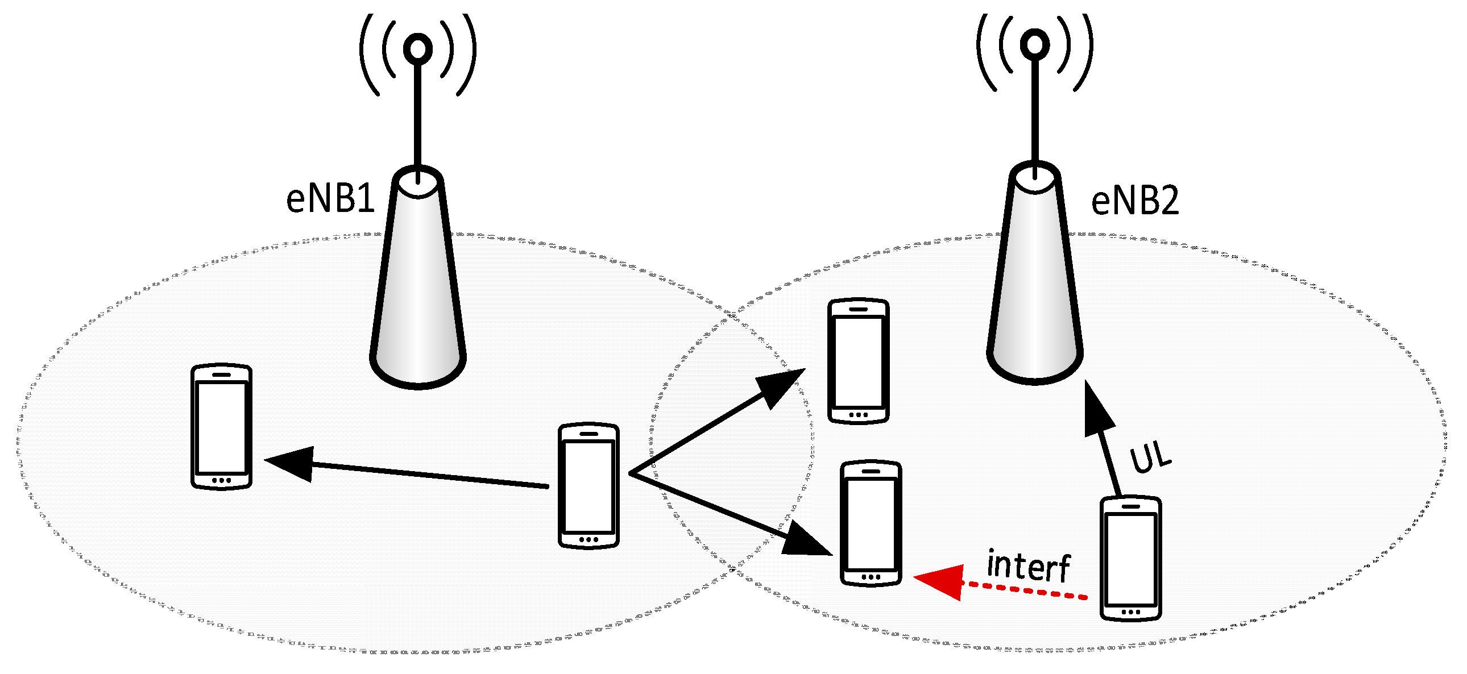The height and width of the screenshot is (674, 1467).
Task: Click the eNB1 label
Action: (330, 199)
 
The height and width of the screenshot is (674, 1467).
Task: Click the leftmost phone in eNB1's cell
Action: (221, 426)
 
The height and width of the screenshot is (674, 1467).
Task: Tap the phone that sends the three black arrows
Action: (589, 485)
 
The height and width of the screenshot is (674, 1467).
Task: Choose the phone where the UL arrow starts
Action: (1130, 559)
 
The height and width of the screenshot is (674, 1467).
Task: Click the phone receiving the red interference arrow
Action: (871, 523)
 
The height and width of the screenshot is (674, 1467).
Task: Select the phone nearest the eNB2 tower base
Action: (858, 361)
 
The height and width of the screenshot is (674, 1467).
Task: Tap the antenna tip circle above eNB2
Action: (1035, 44)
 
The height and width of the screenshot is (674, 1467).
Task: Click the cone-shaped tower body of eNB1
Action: (418, 285)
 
